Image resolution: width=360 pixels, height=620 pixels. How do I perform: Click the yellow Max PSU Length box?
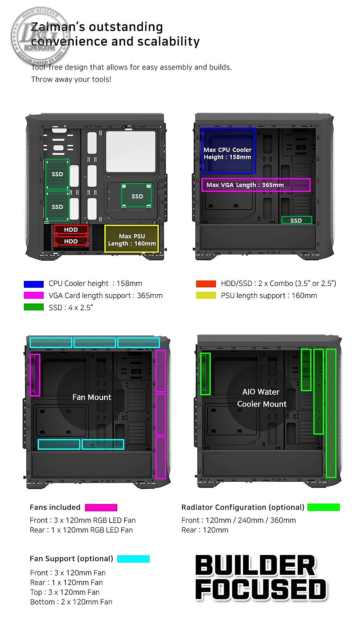point(131,238)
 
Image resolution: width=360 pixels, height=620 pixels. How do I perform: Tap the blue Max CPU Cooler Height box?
point(228,151)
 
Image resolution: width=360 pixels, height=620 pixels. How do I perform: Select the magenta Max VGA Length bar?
point(256,185)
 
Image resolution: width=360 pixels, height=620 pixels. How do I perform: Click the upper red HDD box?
point(71,230)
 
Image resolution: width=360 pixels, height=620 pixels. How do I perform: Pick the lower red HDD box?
point(71,241)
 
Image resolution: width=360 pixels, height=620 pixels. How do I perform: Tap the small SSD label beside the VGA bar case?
point(296,220)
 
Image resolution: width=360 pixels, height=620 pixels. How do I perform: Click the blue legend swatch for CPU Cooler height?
point(34,284)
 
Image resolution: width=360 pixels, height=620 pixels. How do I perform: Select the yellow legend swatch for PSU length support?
point(206,295)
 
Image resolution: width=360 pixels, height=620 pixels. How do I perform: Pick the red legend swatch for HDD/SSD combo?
point(206,284)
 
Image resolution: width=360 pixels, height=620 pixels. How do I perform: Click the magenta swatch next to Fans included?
point(101,507)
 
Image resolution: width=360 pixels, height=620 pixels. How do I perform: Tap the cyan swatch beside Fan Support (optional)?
point(133,559)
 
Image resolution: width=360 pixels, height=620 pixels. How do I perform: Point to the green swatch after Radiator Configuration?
point(324,507)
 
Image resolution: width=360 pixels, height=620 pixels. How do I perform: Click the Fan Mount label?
point(92,397)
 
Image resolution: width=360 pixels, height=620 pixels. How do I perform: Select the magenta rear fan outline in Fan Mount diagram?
point(35,375)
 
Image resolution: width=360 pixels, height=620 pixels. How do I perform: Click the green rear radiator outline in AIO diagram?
point(205,374)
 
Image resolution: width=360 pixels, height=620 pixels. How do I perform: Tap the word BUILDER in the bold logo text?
point(255,565)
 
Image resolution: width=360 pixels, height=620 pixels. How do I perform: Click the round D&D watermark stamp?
point(40,36)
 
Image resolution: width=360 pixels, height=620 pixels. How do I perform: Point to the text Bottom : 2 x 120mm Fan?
point(71,602)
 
